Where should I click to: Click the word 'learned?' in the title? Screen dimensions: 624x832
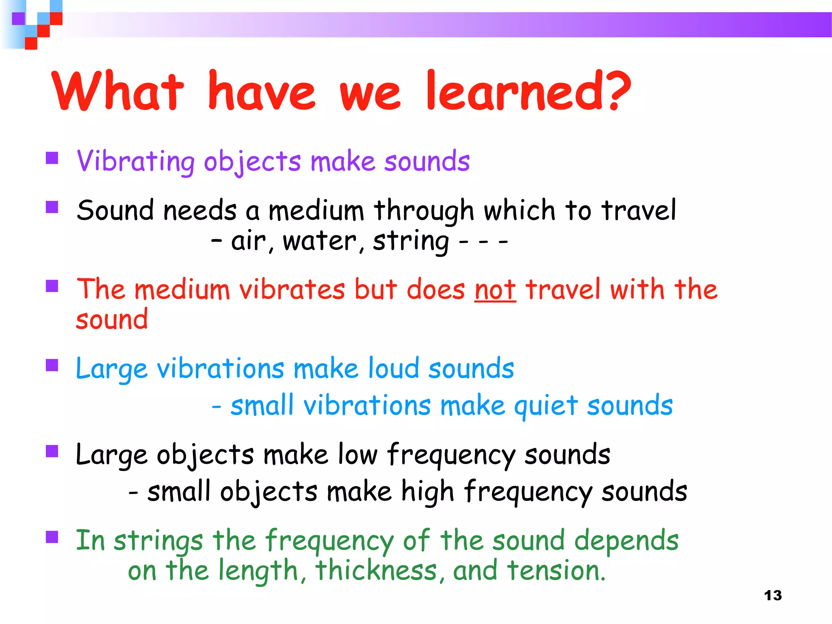[x=528, y=91]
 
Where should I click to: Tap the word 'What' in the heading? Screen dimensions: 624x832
[x=118, y=91]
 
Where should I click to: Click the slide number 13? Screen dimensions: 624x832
[x=773, y=596]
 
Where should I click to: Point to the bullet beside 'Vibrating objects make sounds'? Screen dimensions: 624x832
[x=52, y=158]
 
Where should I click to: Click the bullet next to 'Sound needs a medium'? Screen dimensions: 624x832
[x=52, y=207]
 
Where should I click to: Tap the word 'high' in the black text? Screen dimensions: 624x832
[x=427, y=492]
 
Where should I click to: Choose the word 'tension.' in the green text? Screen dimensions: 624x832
[x=556, y=571]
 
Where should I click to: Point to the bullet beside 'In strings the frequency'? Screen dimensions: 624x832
[x=52, y=537]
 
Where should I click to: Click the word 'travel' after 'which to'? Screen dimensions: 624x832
[x=639, y=211]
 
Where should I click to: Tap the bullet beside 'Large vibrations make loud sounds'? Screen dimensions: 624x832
[x=52, y=365]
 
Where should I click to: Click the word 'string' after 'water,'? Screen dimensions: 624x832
[x=410, y=241]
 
